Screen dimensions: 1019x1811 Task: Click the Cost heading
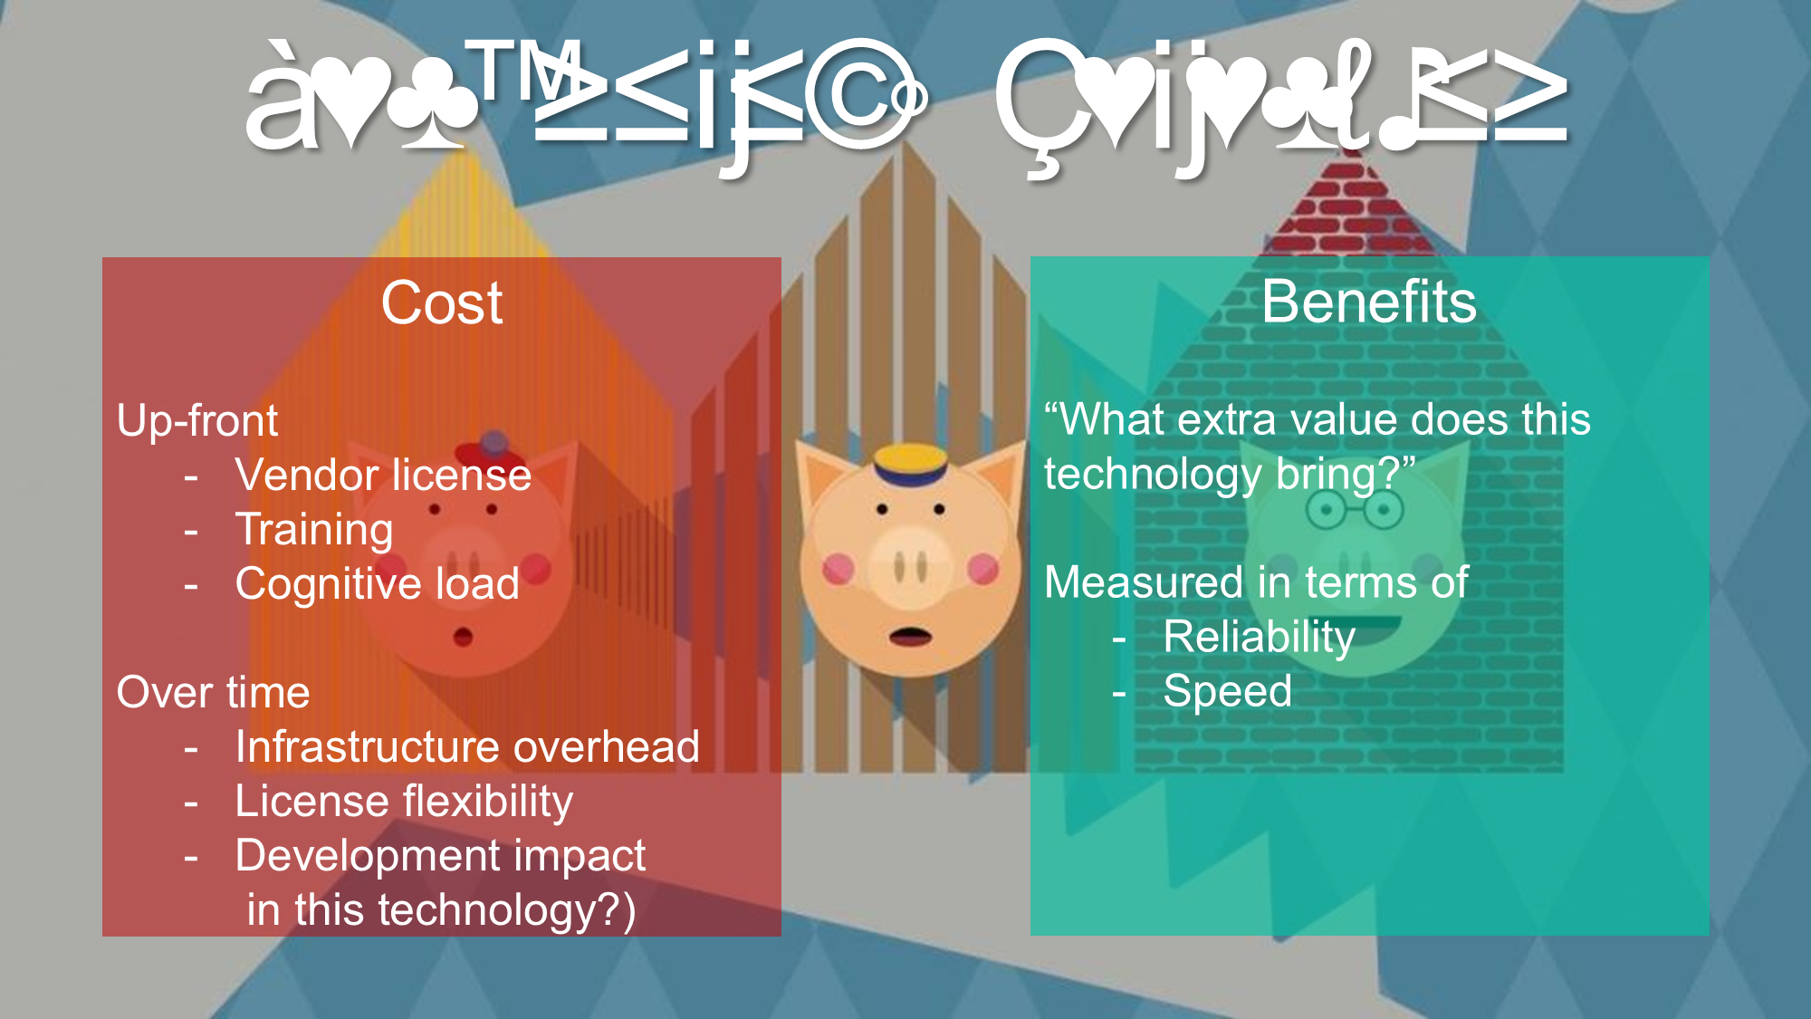coord(442,303)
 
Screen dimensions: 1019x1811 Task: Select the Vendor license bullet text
coord(383,476)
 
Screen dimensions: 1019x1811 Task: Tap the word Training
coord(314,530)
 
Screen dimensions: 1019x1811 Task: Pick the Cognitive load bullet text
coord(377,584)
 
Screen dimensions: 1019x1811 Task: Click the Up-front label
coord(197,421)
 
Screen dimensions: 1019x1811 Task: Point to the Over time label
coord(214,693)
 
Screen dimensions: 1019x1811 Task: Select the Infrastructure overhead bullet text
coord(467,747)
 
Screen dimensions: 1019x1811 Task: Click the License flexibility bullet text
coord(404,802)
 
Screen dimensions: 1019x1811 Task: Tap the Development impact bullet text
coord(440,856)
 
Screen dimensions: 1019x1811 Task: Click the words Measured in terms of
coord(1256,582)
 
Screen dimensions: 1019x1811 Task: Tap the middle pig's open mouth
coord(910,636)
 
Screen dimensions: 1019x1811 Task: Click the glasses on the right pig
coord(1355,511)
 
